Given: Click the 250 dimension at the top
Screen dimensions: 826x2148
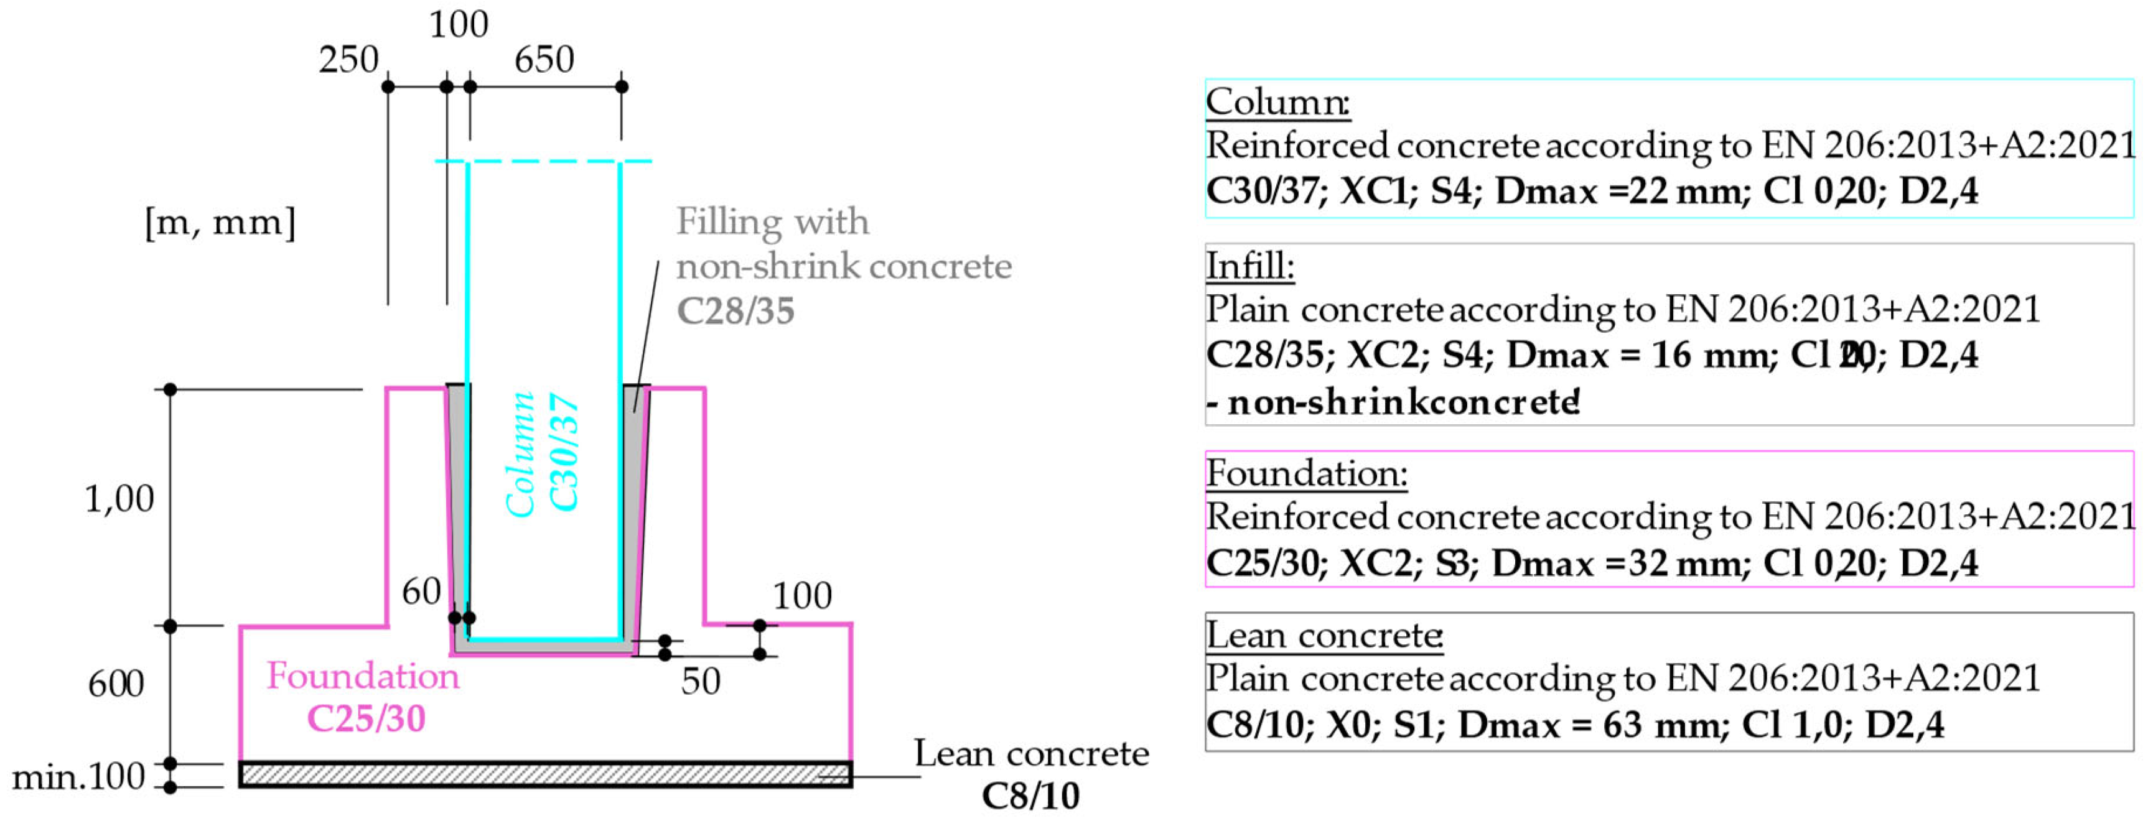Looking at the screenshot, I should pyautogui.click(x=348, y=60).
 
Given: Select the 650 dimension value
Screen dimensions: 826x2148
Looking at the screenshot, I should pyautogui.click(x=544, y=60).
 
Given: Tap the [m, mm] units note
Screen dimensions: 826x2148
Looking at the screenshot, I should pyautogui.click(x=220, y=223).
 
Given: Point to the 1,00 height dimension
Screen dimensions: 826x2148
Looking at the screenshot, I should pyautogui.click(x=119, y=498).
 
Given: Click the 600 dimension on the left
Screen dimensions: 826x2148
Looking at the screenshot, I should pyautogui.click(x=116, y=684).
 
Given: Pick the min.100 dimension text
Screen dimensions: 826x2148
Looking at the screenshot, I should pyautogui.click(x=78, y=777).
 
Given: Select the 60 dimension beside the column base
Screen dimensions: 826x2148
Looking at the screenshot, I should pyautogui.click(x=421, y=592).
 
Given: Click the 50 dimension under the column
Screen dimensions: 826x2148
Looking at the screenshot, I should pyautogui.click(x=701, y=682).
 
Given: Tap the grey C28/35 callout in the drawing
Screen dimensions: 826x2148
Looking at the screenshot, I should pyautogui.click(x=735, y=311).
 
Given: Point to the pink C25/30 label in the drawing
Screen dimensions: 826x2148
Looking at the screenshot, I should pyautogui.click(x=366, y=718).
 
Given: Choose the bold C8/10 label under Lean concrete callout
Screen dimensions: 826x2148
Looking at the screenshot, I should pyautogui.click(x=1030, y=796).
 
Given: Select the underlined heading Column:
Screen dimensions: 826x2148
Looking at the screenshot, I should pyautogui.click(x=1277, y=101).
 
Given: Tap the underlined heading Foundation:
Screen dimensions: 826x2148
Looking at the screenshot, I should pyautogui.click(x=1307, y=473).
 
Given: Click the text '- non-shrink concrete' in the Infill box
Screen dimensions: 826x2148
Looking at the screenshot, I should pyautogui.click(x=1393, y=402).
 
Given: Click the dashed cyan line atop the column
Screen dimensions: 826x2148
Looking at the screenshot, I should pyautogui.click(x=543, y=161).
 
